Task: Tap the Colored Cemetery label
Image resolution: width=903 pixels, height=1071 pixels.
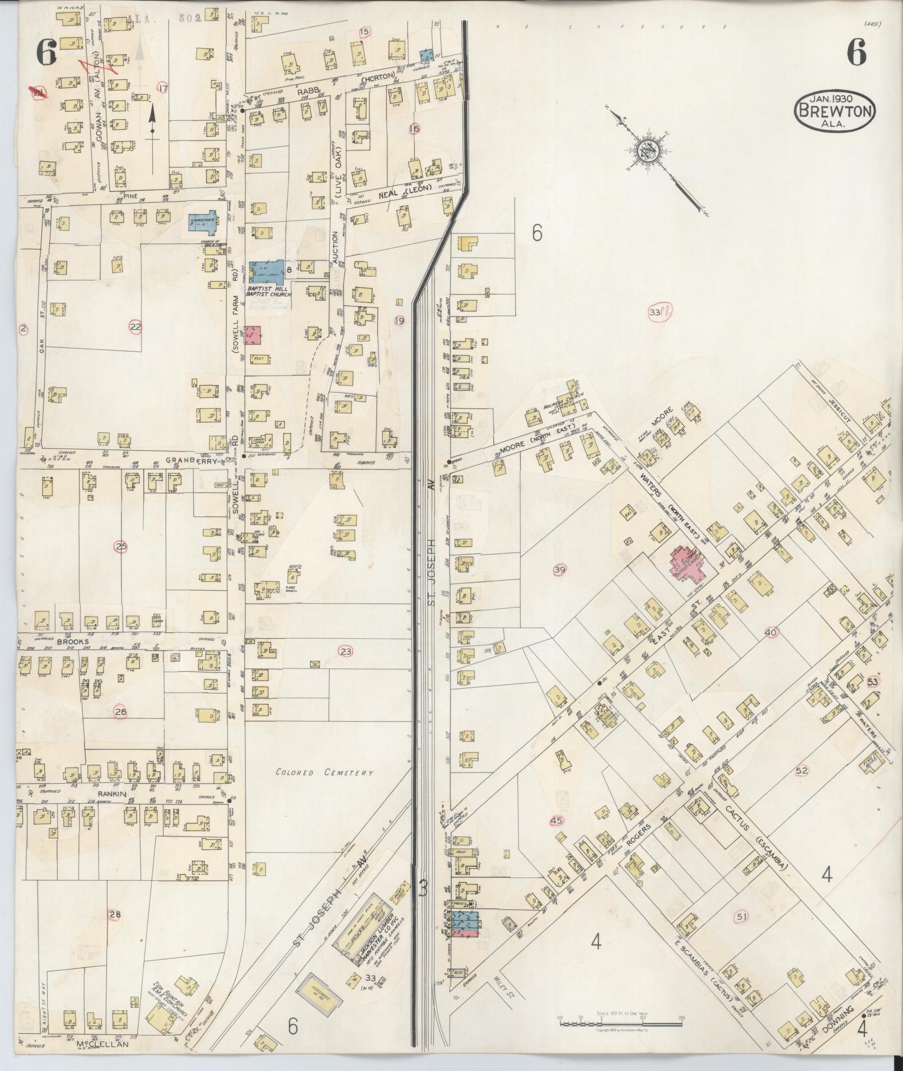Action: point(324,773)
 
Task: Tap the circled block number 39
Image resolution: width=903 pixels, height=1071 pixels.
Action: point(559,570)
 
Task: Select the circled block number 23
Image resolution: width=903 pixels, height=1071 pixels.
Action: point(346,651)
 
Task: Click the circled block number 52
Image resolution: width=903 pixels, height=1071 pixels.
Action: point(802,770)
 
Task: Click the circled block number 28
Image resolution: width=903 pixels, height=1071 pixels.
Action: point(115,915)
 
